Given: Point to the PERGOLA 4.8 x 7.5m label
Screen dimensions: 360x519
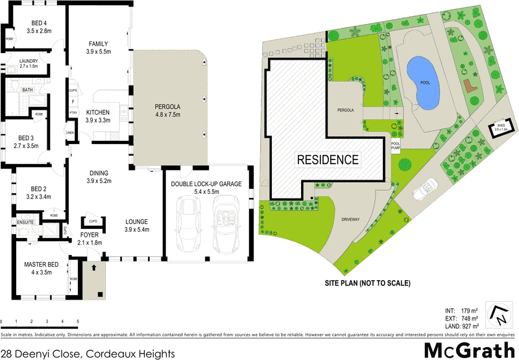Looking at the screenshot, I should [171, 110].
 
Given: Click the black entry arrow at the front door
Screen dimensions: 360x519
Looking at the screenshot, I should [95, 266].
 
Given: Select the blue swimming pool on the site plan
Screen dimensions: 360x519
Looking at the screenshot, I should [422, 82].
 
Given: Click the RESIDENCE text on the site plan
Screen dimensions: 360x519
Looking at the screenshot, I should [328, 159].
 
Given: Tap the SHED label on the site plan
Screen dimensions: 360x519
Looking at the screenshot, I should [500, 126].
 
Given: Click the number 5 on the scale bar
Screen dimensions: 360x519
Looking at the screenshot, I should [78, 322].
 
